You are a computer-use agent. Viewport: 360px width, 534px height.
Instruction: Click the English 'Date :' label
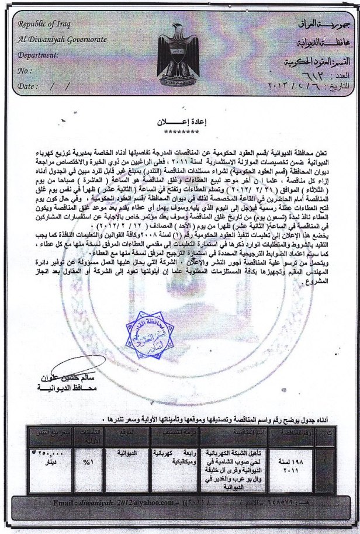29,85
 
